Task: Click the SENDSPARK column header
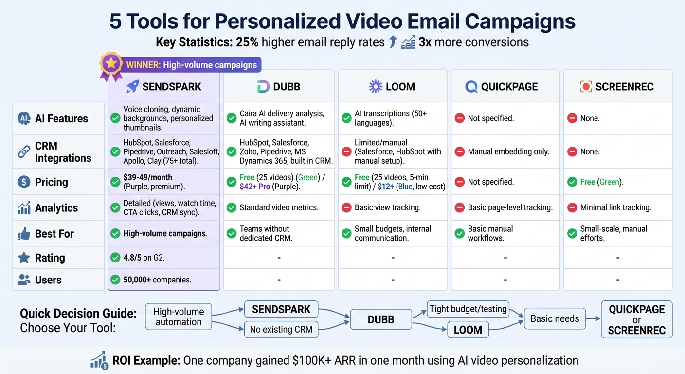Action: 164,87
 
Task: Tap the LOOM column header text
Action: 400,87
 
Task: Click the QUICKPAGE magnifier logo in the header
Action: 471,87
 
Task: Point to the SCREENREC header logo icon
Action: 586,87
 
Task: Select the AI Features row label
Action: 61,118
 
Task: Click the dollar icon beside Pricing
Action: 24,182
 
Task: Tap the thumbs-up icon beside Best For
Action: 24,234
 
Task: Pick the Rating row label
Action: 50,258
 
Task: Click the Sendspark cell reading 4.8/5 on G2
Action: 144,258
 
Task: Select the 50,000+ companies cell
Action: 157,280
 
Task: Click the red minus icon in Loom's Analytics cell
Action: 346,207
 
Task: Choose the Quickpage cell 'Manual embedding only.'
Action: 508,152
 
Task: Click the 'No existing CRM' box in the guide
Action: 281,330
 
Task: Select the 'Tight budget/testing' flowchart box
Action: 468,309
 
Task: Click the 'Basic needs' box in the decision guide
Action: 555,319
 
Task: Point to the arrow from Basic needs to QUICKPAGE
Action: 593,319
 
